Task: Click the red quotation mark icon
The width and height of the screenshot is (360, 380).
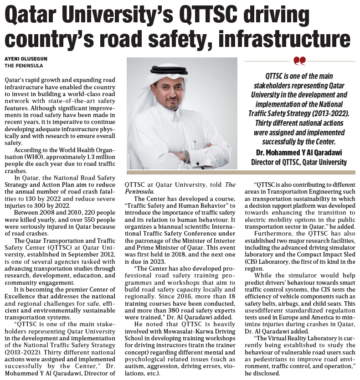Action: click(x=299, y=61)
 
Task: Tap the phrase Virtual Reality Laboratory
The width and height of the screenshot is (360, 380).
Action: click(x=298, y=340)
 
